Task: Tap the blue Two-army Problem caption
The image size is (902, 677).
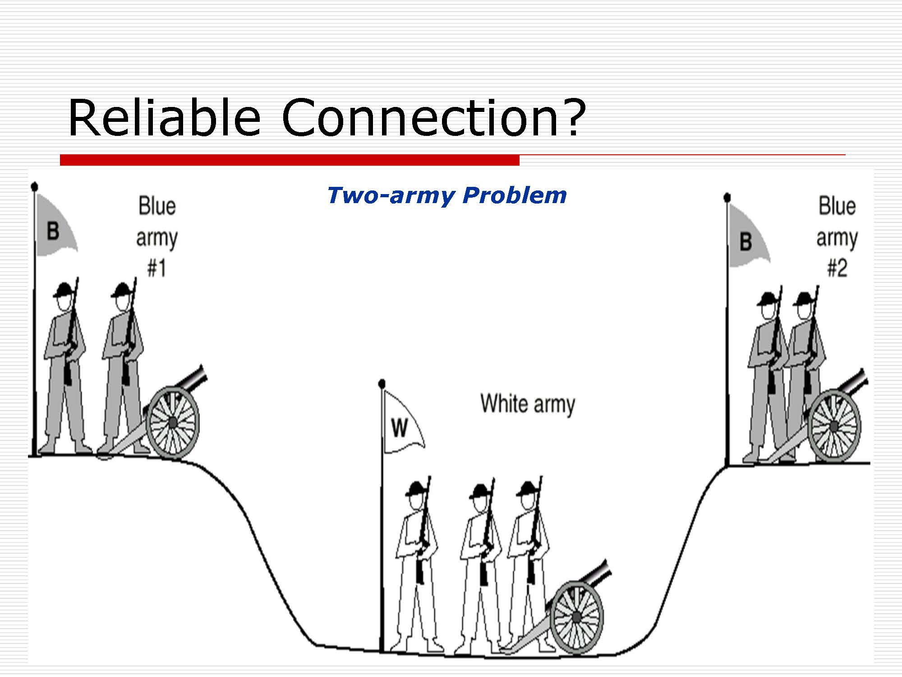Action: tap(447, 195)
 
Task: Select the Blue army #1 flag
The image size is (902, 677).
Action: tap(56, 224)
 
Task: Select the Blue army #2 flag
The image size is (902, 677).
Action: tap(748, 235)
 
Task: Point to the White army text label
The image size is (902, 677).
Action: tap(528, 404)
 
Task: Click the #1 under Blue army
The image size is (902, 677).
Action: tap(156, 268)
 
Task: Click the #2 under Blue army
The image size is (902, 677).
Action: tap(837, 268)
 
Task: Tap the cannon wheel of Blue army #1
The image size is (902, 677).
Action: tap(173, 422)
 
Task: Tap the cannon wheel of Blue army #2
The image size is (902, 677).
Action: tap(834, 426)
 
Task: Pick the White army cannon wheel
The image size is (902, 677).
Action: tap(577, 617)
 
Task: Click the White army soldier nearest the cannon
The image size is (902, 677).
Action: tap(529, 566)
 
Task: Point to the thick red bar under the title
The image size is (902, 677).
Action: tap(290, 160)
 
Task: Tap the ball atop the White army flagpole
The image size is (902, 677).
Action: tap(382, 384)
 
